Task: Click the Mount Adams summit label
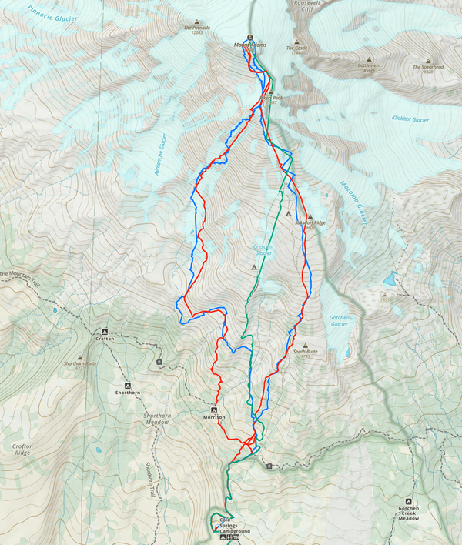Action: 251,45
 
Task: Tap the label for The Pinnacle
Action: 196,29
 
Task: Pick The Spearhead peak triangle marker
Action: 428,59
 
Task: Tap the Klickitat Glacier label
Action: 410,119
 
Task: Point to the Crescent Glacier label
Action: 263,249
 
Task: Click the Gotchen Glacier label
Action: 340,320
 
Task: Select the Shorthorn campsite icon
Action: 127,385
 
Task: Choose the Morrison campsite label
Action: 214,416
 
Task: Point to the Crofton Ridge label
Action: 22,449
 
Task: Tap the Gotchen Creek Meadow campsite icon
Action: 409,501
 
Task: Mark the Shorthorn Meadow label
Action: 157,419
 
